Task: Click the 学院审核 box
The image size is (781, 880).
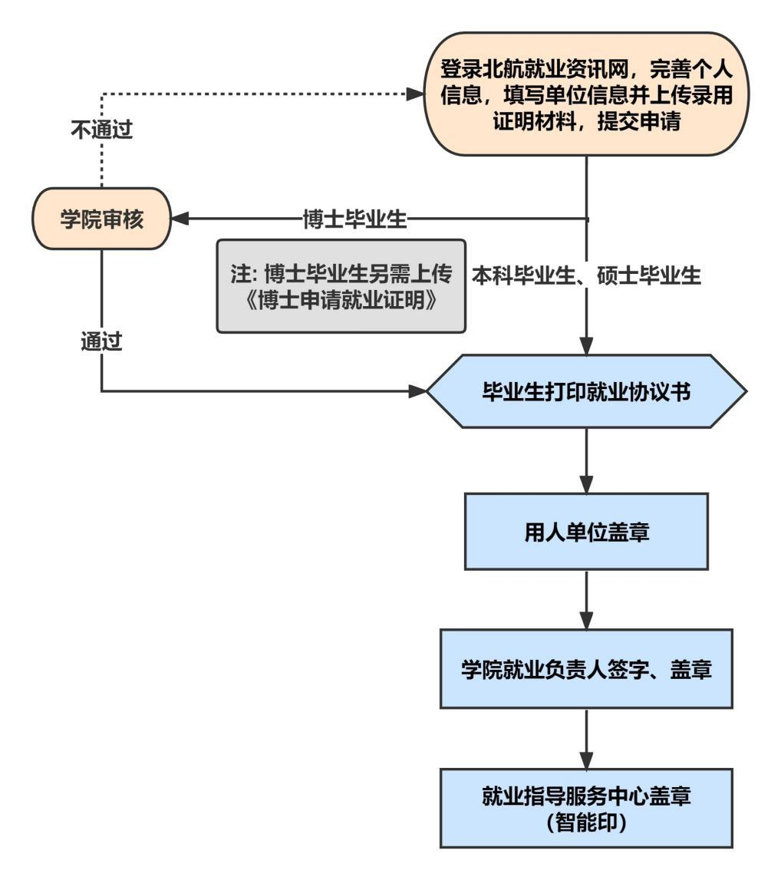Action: [101, 219]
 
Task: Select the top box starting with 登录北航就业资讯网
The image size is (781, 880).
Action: [587, 94]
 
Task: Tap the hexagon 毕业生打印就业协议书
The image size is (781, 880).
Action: [587, 392]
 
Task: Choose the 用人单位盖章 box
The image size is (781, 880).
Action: [587, 531]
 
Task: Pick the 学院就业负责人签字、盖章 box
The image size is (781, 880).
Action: [587, 667]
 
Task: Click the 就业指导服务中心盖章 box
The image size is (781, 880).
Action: [587, 808]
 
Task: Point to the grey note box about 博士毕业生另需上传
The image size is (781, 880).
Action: [341, 286]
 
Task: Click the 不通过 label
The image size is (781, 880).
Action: [101, 130]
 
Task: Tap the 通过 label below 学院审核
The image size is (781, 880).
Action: [101, 341]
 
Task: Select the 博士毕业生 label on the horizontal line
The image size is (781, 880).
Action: [354, 219]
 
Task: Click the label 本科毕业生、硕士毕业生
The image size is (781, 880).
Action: [587, 275]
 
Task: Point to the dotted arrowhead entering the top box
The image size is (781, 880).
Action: [415, 94]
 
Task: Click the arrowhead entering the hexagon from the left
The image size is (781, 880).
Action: [418, 392]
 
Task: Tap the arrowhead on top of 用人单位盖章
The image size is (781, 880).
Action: [587, 486]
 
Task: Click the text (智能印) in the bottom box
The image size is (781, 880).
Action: [587, 822]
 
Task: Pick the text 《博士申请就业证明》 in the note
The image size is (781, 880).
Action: [341, 300]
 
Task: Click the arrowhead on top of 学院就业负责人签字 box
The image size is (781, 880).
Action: [587, 621]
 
